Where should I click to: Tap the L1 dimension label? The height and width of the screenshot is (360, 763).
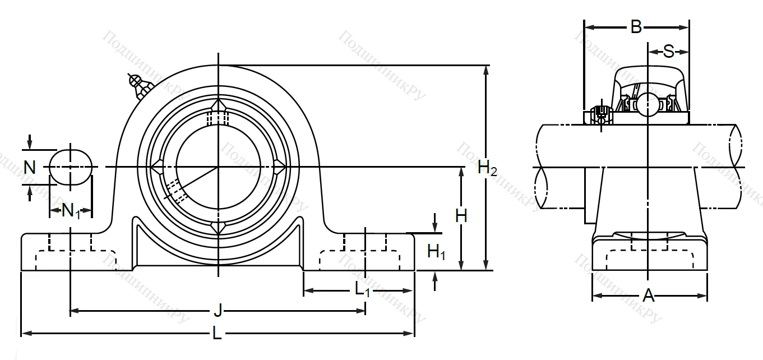point(363,290)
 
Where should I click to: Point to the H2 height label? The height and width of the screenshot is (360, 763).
point(487,168)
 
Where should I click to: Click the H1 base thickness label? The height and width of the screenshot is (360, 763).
point(436,252)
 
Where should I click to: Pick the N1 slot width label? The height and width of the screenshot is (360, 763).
point(71,211)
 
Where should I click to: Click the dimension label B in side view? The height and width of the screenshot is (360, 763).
point(636,27)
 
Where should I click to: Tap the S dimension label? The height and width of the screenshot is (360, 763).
point(668,52)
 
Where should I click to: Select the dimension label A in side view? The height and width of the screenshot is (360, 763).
point(649,296)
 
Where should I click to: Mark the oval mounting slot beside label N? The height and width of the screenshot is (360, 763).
point(71,166)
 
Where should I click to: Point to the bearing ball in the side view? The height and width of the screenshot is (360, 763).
point(648,104)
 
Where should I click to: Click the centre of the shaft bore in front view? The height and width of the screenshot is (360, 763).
point(218,167)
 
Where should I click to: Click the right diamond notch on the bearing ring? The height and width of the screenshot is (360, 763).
point(279,167)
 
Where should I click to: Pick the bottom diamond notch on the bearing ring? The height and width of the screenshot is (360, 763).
point(218,227)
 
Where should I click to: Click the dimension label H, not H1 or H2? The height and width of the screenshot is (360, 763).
point(461,216)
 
